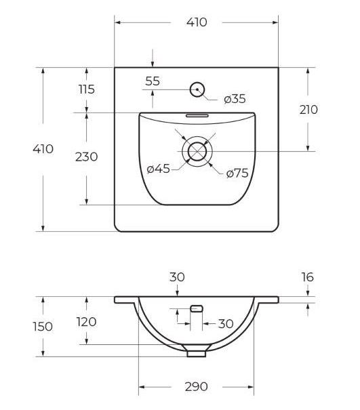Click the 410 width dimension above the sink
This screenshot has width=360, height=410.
pos(197,22)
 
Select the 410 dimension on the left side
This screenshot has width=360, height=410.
pos(43,149)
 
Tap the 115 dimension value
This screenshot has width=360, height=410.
pos(87,89)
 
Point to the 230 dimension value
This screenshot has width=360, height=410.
pos(86,157)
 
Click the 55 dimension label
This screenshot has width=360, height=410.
pos(153,81)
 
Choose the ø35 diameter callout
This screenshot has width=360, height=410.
pos(235,99)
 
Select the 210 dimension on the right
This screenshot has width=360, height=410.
pos(308,110)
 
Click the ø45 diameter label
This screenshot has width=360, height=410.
pos(159,169)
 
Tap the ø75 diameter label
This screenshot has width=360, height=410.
pos(237,173)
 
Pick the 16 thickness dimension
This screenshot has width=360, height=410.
pos(308,277)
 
